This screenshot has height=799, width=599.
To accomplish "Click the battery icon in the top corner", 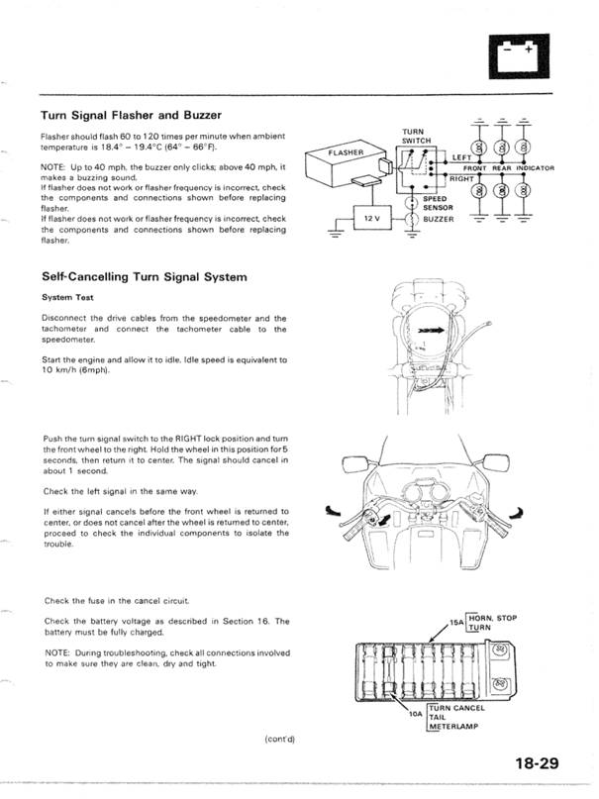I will (519, 55).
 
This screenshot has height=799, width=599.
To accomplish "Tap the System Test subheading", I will (68, 297).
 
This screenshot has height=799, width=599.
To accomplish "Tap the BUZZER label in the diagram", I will (438, 219).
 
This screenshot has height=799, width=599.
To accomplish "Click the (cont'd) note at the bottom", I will (279, 739).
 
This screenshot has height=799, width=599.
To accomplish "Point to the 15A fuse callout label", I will (456, 626).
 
